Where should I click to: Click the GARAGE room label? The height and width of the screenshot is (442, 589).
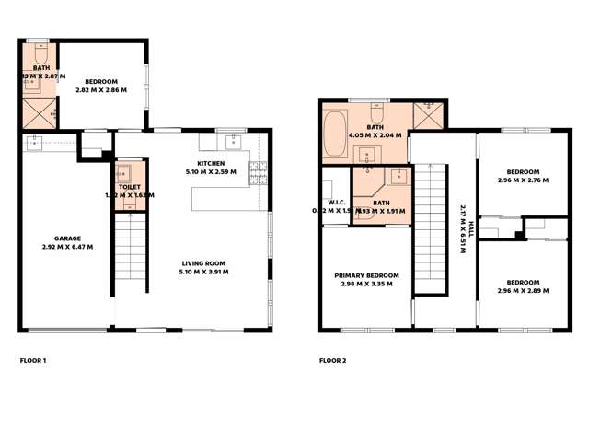click(68, 238)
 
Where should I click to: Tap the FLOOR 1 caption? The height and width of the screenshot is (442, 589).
click(33, 360)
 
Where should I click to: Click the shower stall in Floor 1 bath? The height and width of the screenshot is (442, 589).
click(37, 113)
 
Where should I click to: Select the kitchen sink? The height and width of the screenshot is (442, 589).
click(233, 141)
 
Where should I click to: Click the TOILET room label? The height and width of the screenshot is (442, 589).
click(129, 187)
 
